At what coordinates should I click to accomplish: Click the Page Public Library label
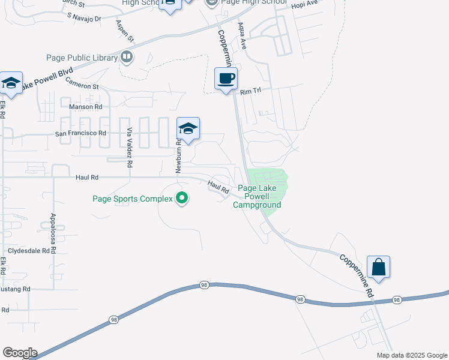click(x=82, y=58)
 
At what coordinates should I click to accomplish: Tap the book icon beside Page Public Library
click(x=127, y=58)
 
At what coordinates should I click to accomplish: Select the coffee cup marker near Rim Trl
click(x=226, y=79)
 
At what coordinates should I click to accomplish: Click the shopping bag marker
click(x=379, y=267)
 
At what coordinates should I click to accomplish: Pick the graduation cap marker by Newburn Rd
click(x=188, y=129)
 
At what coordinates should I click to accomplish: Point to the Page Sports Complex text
click(x=132, y=198)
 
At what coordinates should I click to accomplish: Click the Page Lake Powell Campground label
click(x=260, y=196)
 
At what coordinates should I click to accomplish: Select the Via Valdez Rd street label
click(x=129, y=146)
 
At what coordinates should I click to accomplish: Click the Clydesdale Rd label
click(x=28, y=251)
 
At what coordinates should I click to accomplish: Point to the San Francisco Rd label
click(x=80, y=133)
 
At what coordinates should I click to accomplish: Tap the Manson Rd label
click(x=86, y=106)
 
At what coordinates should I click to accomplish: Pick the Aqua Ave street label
click(x=242, y=36)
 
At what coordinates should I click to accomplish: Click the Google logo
click(x=20, y=353)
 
